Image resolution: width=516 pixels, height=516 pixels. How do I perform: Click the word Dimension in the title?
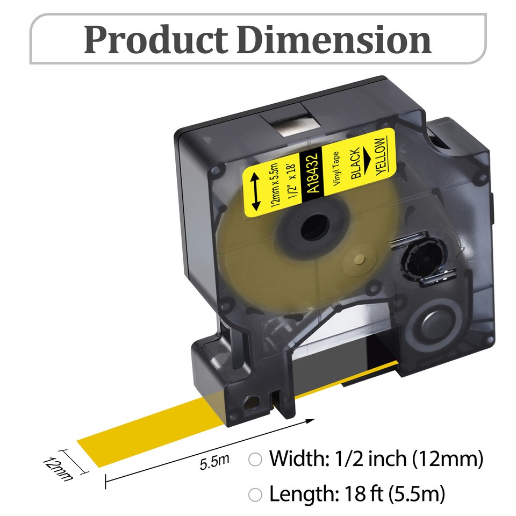point(334,39)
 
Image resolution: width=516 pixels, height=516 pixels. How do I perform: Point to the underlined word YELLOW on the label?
point(380,156)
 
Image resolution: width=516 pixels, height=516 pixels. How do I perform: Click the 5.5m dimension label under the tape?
point(214,461)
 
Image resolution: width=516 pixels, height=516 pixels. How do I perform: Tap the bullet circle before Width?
point(255,460)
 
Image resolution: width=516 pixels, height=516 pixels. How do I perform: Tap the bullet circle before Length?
point(255,494)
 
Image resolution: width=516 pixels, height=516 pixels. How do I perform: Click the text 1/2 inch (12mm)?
point(409,459)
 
